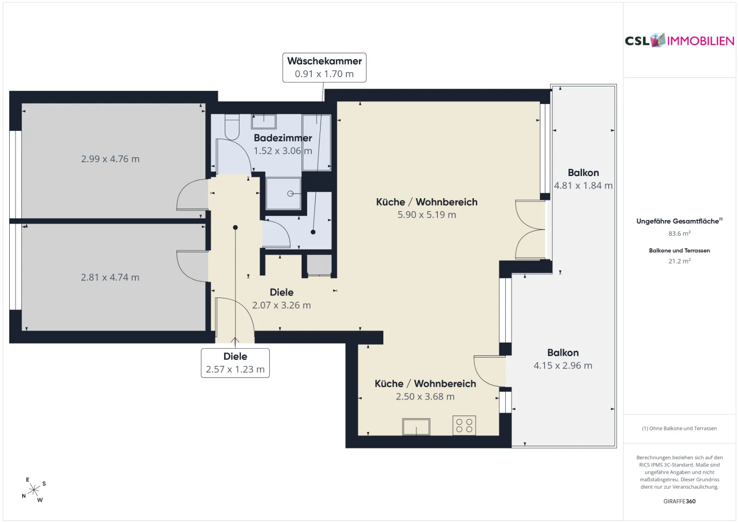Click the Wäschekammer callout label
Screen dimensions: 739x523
pos(324,67)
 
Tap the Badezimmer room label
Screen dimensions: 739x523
pos(283,138)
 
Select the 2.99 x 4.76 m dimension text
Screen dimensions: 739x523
pos(110,159)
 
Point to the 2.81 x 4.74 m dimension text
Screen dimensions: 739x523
pos(110,277)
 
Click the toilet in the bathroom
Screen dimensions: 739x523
pos(232,127)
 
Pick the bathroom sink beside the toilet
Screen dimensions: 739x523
pos(264,122)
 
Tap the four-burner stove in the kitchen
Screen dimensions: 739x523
pos(464,426)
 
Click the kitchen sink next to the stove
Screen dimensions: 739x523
pos(416,426)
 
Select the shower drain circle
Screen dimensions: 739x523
pos(291,194)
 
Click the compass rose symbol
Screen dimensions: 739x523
pos(34,490)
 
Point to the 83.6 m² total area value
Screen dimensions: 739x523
pos(679,233)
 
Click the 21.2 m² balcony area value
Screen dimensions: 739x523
pos(679,261)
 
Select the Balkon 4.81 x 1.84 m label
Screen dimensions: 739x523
pos(583,179)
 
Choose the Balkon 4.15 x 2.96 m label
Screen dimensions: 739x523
pos(563,359)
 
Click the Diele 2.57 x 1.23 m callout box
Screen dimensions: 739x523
pos(235,363)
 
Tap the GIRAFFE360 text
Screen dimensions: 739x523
pos(679,501)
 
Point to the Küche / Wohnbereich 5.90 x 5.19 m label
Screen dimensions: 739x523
pos(427,208)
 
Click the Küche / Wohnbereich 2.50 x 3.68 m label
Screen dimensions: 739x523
pos(425,389)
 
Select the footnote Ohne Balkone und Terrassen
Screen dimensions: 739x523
pos(679,428)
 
